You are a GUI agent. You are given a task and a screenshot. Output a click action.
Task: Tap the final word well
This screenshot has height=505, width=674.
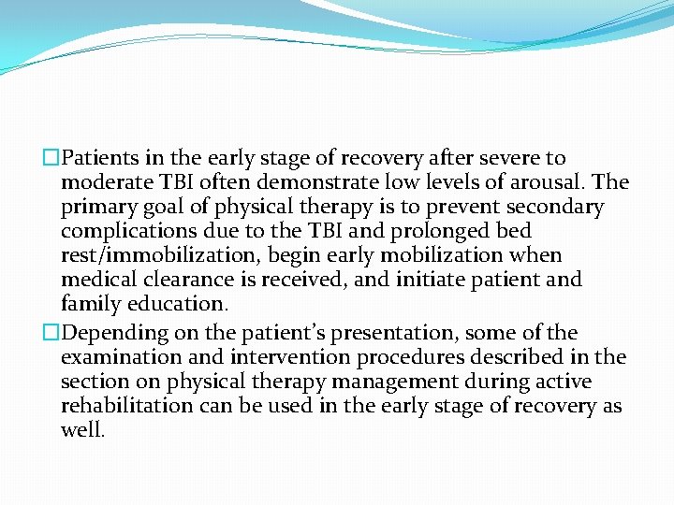82,430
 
